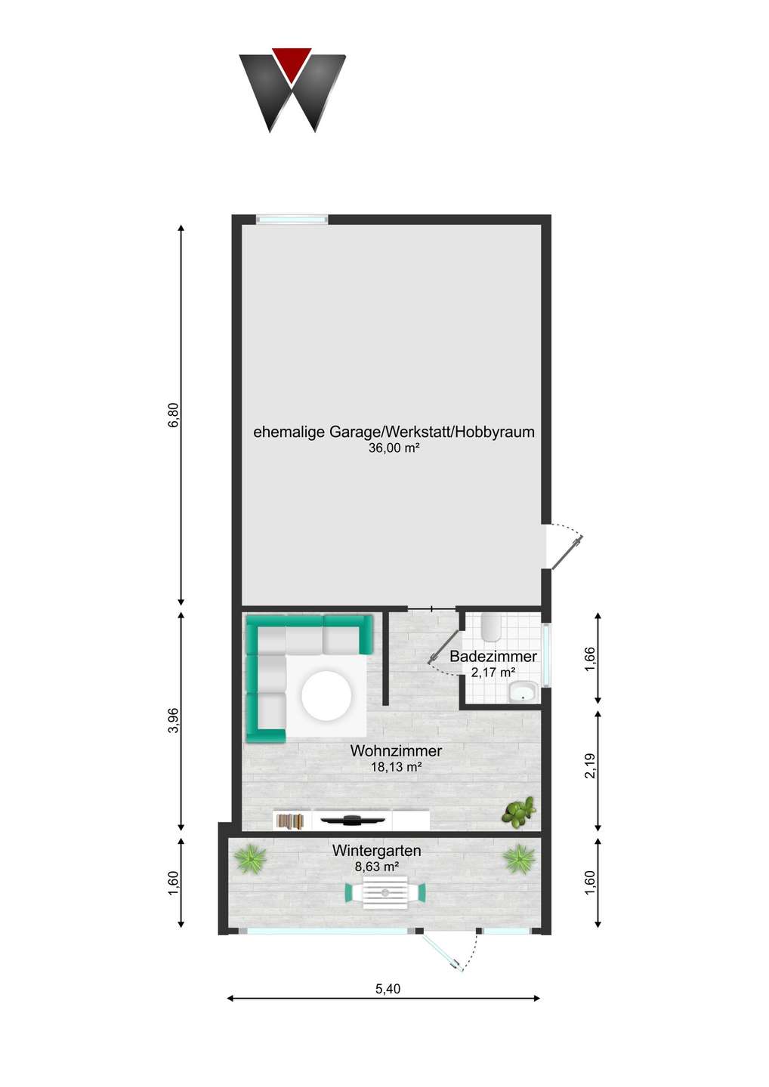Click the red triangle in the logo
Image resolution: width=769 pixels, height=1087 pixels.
[x=292, y=62]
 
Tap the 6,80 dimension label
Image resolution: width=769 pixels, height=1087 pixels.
[x=174, y=415]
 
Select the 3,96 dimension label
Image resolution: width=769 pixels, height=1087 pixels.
[x=174, y=720]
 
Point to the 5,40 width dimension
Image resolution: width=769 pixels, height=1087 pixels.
[x=388, y=989]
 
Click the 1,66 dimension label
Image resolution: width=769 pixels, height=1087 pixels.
[x=590, y=658]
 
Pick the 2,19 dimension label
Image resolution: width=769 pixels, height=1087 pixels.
[x=590, y=765]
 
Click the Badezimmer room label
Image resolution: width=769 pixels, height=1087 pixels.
[x=493, y=657]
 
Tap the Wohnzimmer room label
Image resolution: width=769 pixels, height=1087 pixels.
[x=396, y=751]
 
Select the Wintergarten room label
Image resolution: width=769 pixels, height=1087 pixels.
[x=377, y=851]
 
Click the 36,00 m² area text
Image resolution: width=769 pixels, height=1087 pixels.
[x=394, y=448]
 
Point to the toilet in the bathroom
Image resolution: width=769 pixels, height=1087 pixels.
[x=491, y=626]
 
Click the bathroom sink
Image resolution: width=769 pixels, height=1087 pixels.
[x=523, y=691]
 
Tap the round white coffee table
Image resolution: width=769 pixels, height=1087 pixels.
[x=326, y=695]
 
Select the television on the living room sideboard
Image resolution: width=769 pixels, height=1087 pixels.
[x=352, y=820]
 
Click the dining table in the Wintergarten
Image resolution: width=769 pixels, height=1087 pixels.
[x=385, y=893]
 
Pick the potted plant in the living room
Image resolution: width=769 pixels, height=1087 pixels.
[x=519, y=811]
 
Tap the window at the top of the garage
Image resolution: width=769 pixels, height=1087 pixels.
[x=292, y=220]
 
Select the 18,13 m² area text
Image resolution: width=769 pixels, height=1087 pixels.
[x=396, y=767]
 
